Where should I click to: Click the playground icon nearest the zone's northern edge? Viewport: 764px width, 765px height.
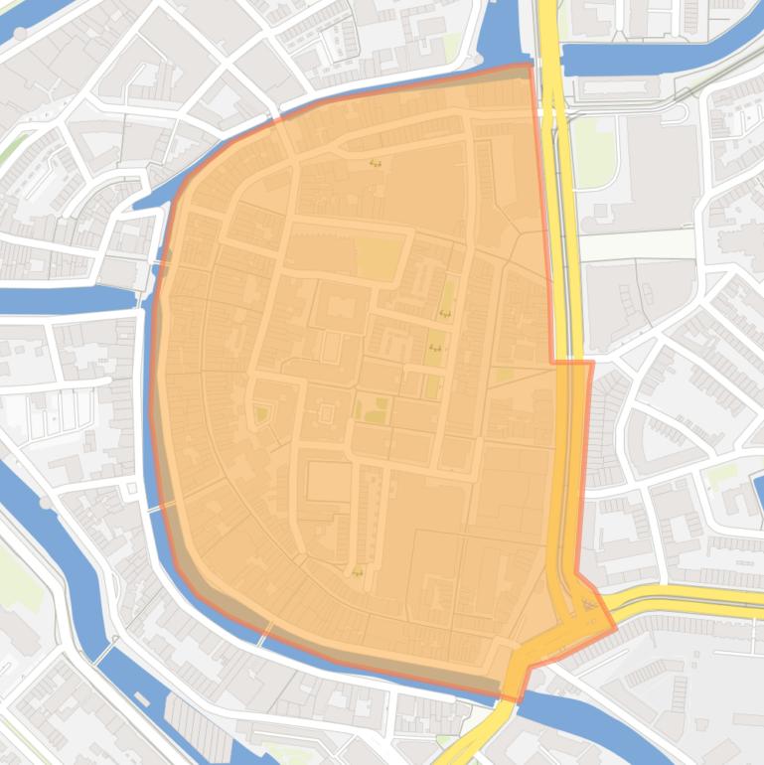375,163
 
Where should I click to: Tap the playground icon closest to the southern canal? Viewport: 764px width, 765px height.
357,571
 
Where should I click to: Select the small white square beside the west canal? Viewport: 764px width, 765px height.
131,489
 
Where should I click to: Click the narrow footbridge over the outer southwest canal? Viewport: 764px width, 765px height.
105,651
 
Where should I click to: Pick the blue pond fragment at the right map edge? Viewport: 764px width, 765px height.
758,493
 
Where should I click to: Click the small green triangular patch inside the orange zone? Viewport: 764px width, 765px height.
261,413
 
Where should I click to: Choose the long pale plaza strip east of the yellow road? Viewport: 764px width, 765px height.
636,244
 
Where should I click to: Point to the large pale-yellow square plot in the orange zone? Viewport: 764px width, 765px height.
375,257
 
